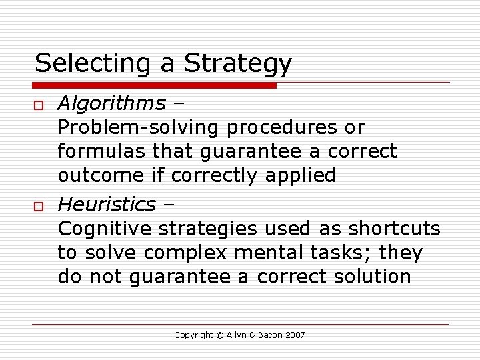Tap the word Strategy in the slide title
(238, 63)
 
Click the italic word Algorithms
(111, 103)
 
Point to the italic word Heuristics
(107, 203)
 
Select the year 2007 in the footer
(294, 335)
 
